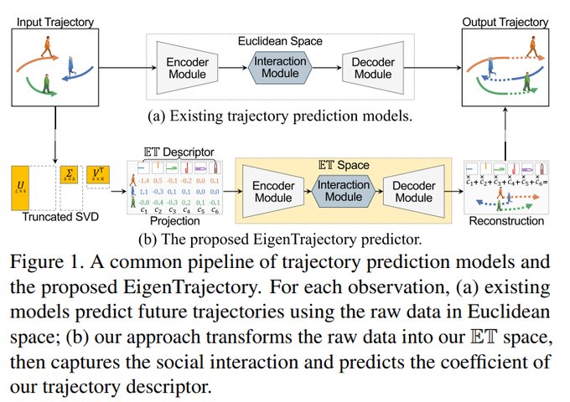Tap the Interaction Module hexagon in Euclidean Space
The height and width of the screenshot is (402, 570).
point(281,67)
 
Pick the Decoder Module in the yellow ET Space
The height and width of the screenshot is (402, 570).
point(414,189)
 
